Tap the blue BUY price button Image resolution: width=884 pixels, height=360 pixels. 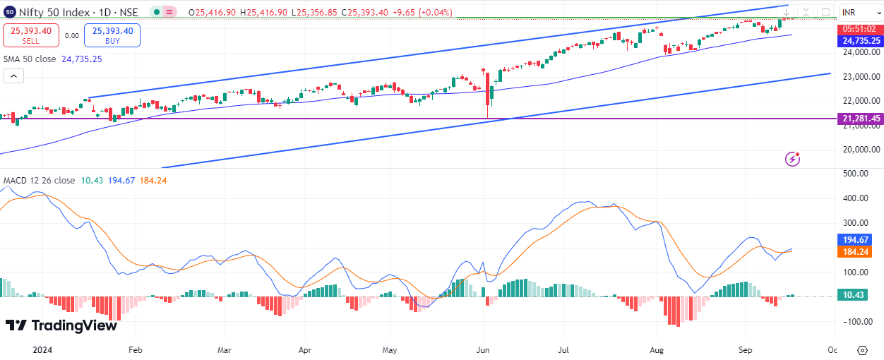tap(112, 35)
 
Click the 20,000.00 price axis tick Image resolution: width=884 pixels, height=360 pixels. tap(860, 149)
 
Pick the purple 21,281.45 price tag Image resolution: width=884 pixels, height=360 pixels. tap(861, 119)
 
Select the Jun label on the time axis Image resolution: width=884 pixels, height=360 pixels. tap(483, 350)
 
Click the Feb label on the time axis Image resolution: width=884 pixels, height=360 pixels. tap(136, 350)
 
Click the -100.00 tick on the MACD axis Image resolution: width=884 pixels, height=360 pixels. tap(858, 322)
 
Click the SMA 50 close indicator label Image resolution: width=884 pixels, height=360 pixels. tap(30, 59)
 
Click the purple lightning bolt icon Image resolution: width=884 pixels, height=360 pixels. tap(793, 159)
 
